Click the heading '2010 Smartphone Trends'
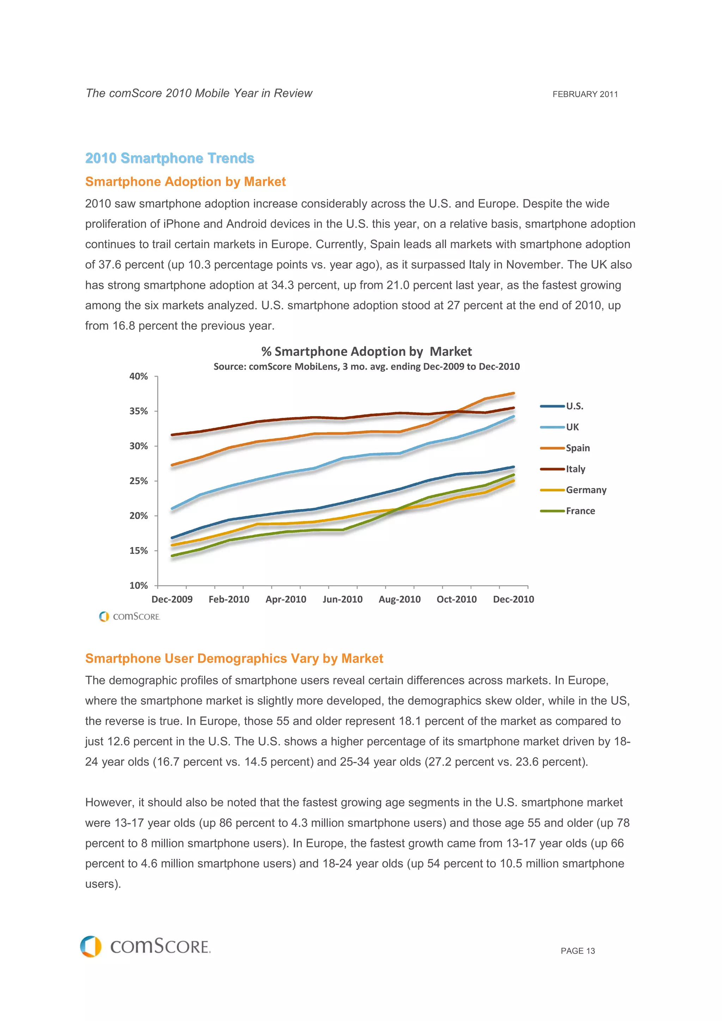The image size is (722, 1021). (170, 158)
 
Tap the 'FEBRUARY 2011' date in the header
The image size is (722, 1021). (585, 94)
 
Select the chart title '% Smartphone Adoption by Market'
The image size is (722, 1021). (366, 351)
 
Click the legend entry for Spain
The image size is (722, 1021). (577, 448)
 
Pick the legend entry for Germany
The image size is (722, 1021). (586, 490)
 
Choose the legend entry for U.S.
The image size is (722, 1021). (574, 406)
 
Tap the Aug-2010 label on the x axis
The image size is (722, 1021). (399, 599)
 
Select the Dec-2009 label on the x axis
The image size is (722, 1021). (172, 599)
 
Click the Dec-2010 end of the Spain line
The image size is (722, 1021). (513, 393)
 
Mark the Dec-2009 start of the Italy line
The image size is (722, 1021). (172, 434)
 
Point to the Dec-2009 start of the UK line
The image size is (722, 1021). (172, 508)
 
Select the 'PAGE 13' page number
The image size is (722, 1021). (577, 951)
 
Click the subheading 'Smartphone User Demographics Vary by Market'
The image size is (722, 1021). (234, 658)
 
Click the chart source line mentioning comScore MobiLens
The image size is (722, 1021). (366, 366)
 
